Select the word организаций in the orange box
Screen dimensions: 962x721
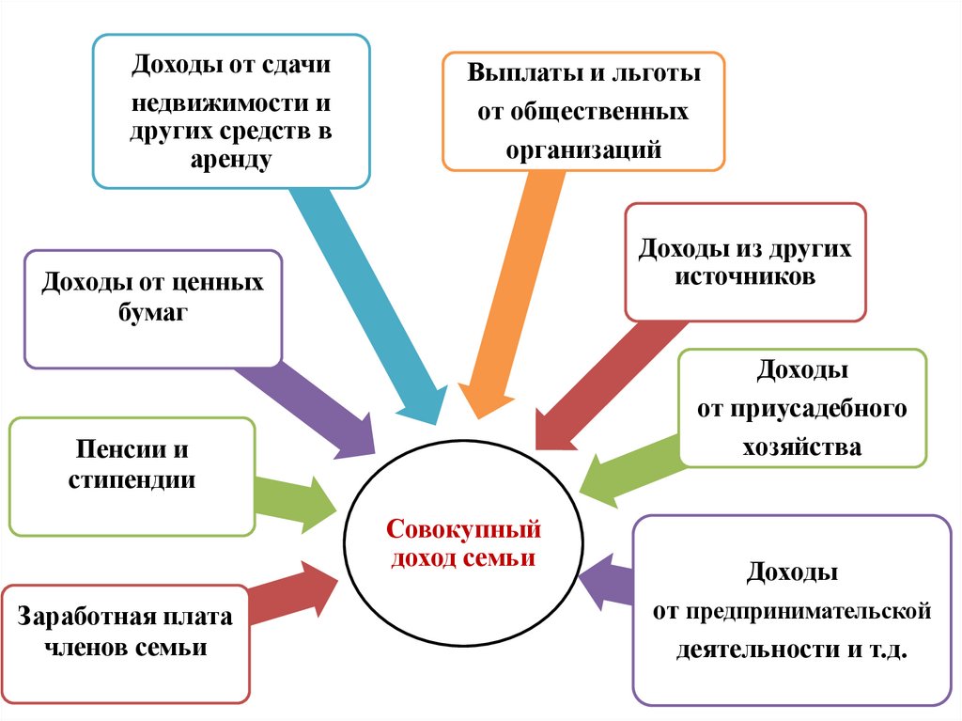[583, 149]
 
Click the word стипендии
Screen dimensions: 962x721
[132, 479]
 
